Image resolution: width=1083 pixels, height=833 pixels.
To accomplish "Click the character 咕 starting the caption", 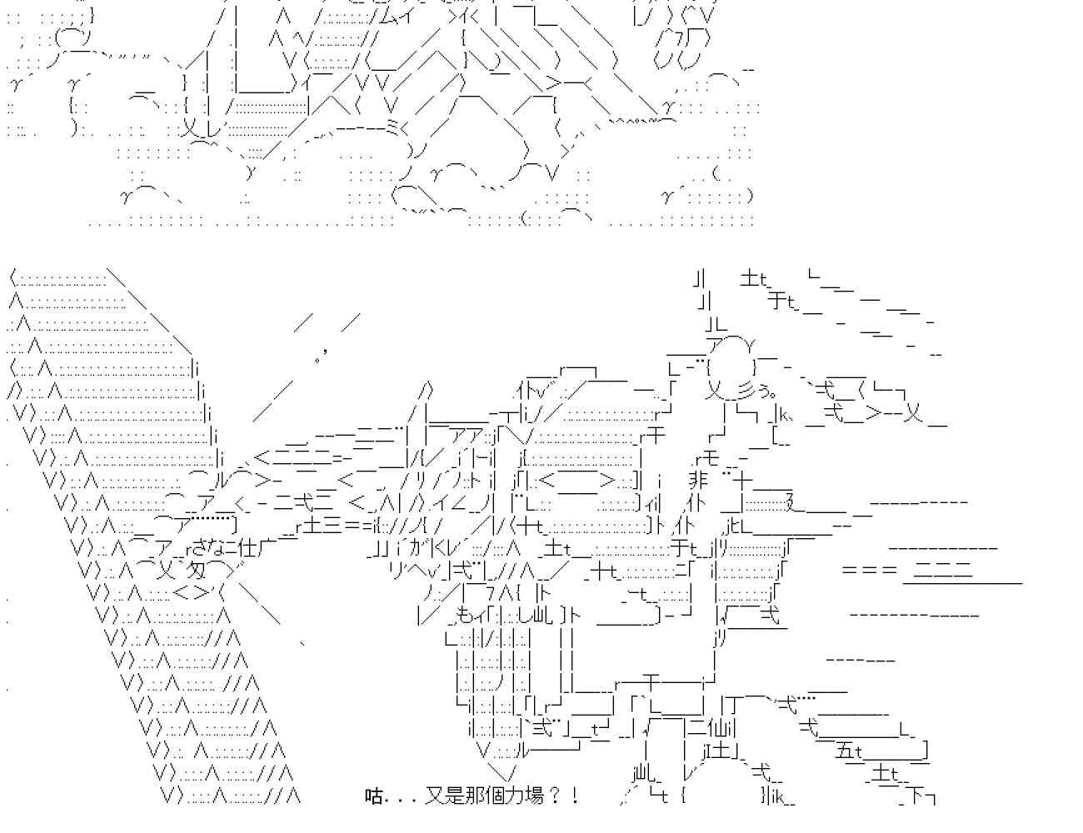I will click(x=374, y=796).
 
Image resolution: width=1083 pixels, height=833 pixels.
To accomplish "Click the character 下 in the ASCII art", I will click(x=916, y=797).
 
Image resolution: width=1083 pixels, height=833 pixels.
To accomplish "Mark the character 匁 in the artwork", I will click(x=197, y=571).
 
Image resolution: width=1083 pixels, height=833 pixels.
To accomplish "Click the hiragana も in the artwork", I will click(x=465, y=616).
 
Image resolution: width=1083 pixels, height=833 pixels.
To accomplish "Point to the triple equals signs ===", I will click(x=869, y=571).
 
